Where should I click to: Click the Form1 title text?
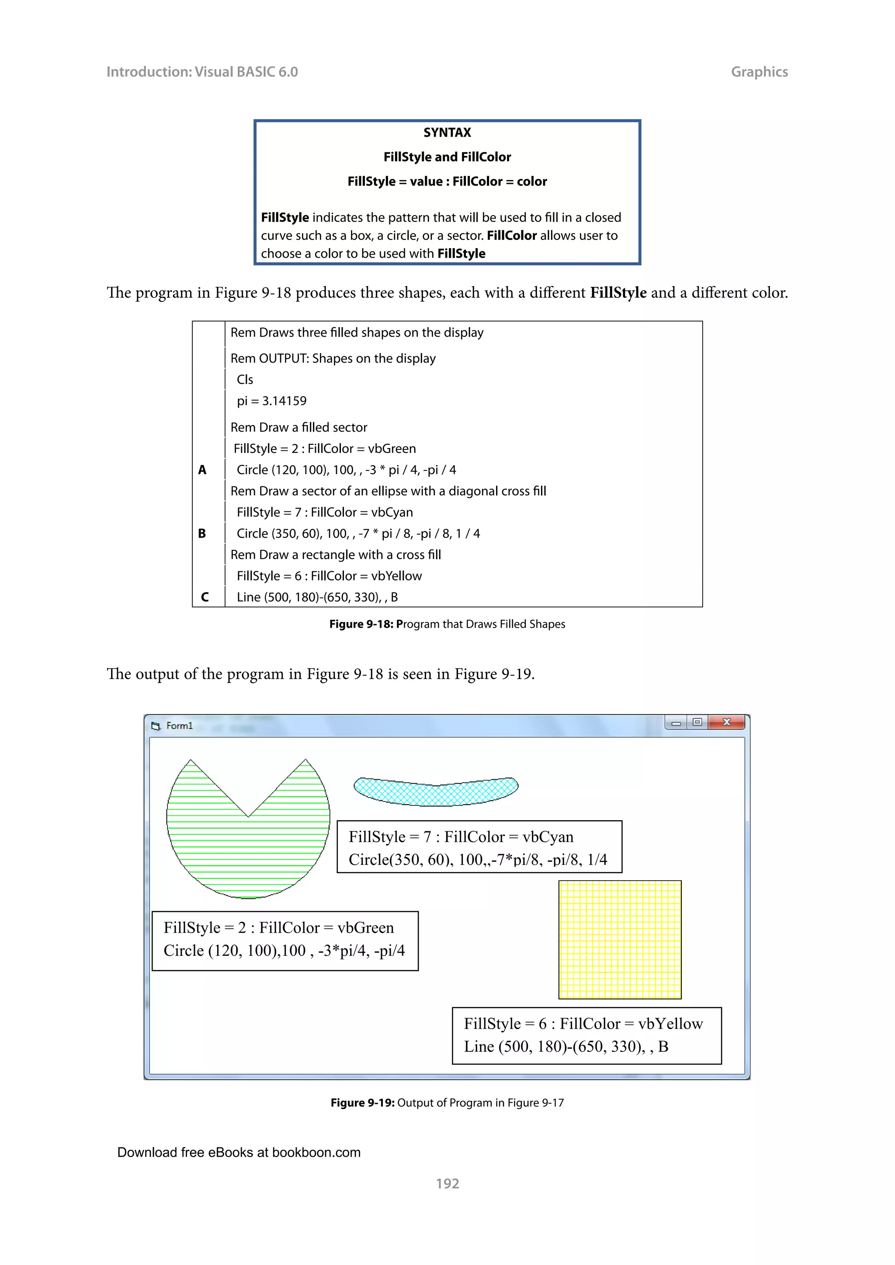179,726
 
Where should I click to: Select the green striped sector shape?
248,848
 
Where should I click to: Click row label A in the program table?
202,470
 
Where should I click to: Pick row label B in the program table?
202,533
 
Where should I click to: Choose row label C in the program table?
205,597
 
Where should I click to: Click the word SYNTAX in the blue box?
447,132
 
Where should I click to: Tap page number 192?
447,1183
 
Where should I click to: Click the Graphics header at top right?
759,72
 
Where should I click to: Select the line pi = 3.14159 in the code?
272,401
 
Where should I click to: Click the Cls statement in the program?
245,380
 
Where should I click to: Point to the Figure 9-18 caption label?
361,624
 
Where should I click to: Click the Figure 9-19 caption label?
363,1103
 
